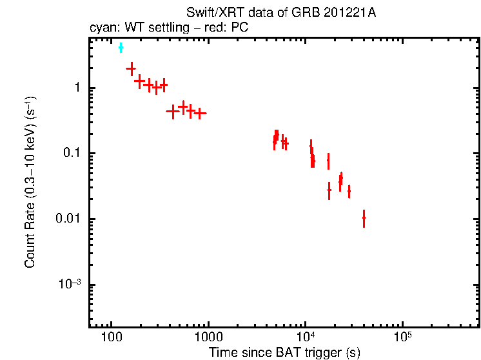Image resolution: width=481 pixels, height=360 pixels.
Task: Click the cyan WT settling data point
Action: click(x=121, y=48)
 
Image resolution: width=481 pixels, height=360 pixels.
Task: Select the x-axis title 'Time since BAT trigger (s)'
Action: click(x=284, y=352)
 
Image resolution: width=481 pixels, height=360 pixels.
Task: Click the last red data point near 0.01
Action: click(x=364, y=218)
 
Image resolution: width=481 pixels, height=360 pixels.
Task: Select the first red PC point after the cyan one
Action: click(x=131, y=68)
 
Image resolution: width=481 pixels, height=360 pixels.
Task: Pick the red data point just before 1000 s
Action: click(x=200, y=113)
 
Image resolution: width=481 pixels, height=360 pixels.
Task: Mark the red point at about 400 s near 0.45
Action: click(x=172, y=111)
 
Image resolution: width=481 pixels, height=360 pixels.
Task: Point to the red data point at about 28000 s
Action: click(x=349, y=192)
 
